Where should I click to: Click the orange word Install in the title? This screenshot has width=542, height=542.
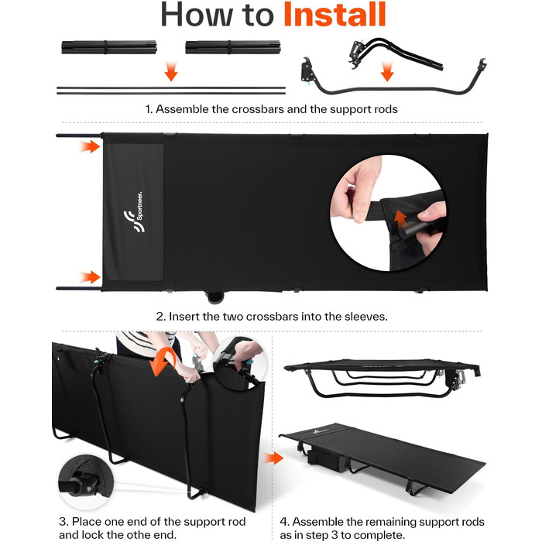[334, 14]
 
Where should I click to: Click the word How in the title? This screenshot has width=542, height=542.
[197, 15]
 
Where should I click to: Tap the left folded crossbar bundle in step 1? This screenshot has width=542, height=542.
[109, 47]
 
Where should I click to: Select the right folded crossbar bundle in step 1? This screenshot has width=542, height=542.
[232, 47]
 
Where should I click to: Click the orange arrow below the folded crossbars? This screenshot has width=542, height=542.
[171, 71]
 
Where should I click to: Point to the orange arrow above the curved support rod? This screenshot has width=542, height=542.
[387, 71]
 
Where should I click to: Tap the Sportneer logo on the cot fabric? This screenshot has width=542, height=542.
[134, 211]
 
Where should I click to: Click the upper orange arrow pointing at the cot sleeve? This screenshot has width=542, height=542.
[90, 146]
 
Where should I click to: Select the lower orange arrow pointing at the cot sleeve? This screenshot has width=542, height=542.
[90, 277]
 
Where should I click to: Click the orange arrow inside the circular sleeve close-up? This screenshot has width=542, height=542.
[400, 218]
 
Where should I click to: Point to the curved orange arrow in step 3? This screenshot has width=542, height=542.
[163, 361]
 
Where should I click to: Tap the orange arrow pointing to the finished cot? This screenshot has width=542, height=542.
[274, 458]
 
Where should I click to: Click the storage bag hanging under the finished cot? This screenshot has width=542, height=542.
[324, 461]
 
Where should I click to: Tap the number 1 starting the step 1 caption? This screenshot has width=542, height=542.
[149, 109]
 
